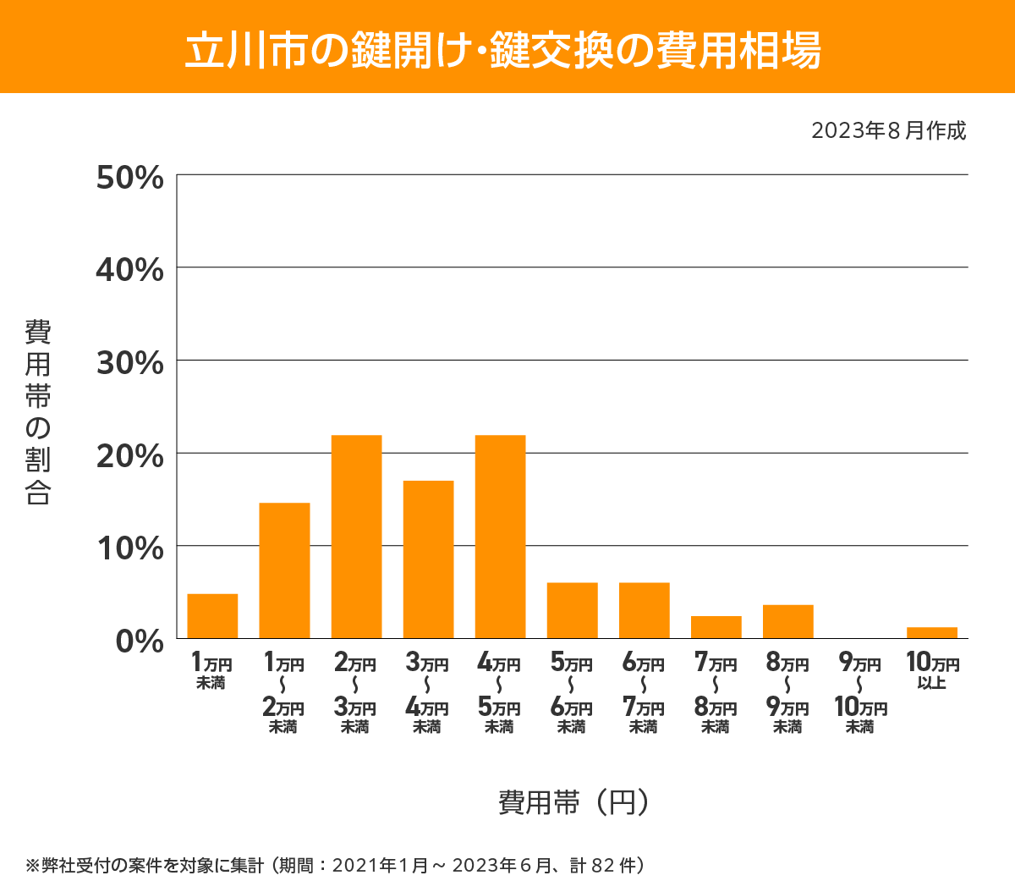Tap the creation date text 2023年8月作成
pos(888,131)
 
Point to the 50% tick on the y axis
pos(129,178)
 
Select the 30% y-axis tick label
pos(129,363)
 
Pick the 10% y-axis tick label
pos(129,548)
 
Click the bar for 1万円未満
pos(212,616)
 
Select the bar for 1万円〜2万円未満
pos(284,570)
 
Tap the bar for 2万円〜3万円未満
pos(356,537)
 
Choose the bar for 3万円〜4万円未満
pos(428,559)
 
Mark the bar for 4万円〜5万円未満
pos(500,537)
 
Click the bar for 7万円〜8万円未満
pos(716,627)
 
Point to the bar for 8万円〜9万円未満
pos(787,621)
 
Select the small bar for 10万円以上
pos(931,633)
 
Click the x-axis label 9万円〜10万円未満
pos(860,694)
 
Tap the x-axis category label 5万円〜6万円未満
pos(572,694)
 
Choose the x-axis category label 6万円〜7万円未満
pos(644,694)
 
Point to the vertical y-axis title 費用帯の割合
pos(38,412)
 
